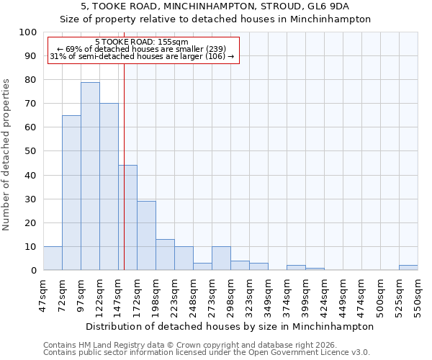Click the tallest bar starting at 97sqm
click(x=90, y=176)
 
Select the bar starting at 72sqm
click(x=71, y=193)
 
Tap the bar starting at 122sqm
click(x=109, y=187)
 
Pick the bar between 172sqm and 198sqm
click(x=146, y=235)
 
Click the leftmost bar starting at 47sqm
click(x=53, y=258)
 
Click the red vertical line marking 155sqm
click(x=124, y=180)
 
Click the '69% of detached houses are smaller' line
click(x=141, y=49)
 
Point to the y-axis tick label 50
click(x=30, y=151)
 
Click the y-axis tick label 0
click(x=33, y=270)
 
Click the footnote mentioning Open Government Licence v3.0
click(x=207, y=353)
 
